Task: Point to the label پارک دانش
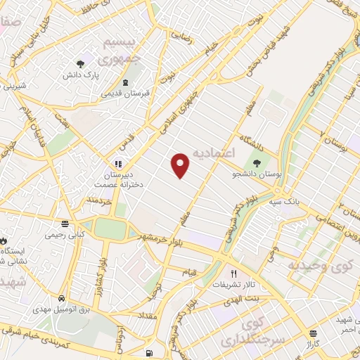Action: coord(78,74)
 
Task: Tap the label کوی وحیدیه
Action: coord(318,266)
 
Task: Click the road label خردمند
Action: coord(99,202)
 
